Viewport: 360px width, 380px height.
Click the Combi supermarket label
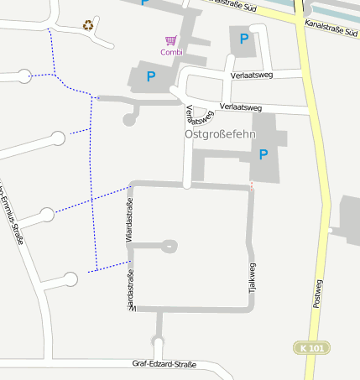pyautogui.click(x=171, y=52)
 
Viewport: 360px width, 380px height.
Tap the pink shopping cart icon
pyautogui.click(x=171, y=39)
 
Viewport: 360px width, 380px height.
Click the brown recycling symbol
pyautogui.click(x=89, y=25)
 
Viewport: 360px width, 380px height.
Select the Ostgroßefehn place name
pyautogui.click(x=220, y=133)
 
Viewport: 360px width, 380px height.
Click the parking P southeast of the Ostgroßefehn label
pyautogui.click(x=263, y=154)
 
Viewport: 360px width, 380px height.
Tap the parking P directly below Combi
pyautogui.click(x=151, y=77)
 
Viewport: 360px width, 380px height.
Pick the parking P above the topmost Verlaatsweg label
pyautogui.click(x=244, y=39)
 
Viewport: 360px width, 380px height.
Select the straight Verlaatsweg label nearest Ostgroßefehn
pyautogui.click(x=241, y=107)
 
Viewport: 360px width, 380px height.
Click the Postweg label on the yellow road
pyautogui.click(x=317, y=291)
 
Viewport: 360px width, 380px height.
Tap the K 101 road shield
pyautogui.click(x=312, y=347)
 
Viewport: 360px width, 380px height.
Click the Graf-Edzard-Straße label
pyautogui.click(x=164, y=364)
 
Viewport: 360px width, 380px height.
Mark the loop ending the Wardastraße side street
pyautogui.click(x=170, y=246)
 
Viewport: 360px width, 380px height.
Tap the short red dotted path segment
pyautogui.click(x=251, y=185)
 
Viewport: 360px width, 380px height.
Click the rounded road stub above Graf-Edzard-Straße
pyautogui.click(x=157, y=345)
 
